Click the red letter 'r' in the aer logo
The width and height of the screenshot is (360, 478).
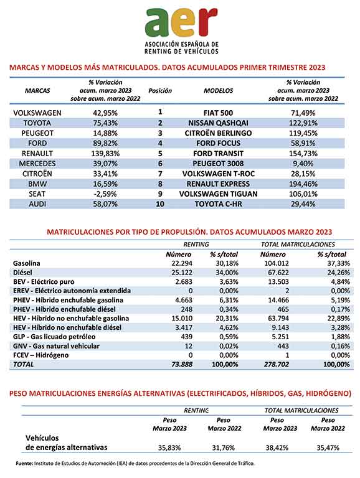(207, 22)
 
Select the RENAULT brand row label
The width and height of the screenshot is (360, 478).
(37, 153)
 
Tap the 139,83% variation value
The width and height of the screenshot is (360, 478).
(105, 153)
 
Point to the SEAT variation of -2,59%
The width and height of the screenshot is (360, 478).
(105, 194)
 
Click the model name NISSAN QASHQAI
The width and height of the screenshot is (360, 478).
(218, 123)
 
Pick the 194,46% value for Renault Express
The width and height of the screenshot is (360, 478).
(303, 184)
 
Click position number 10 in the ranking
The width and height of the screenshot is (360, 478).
(160, 204)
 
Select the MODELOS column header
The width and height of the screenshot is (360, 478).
(219, 90)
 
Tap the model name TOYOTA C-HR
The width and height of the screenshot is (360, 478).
(219, 204)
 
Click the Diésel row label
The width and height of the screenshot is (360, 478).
(22, 272)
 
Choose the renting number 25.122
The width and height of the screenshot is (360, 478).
(182, 272)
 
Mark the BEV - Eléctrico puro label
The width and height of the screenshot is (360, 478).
(44, 282)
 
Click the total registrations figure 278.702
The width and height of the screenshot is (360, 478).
(277, 364)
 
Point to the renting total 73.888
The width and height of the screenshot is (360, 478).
(182, 364)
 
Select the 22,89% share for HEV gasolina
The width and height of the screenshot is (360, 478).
(338, 318)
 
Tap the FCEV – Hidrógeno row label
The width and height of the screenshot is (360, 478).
(41, 355)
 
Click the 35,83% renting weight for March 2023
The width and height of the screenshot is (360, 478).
(169, 448)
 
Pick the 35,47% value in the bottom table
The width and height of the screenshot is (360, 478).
(328, 448)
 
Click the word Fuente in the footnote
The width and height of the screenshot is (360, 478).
(24, 463)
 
